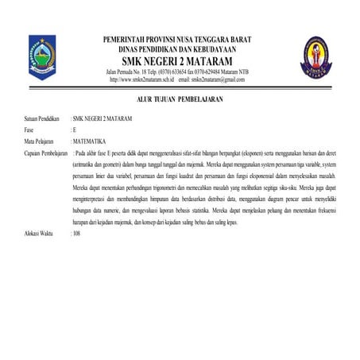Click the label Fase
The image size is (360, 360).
(x=29, y=128)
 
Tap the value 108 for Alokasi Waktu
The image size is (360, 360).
(x=77, y=235)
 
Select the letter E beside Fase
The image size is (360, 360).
(x=74, y=128)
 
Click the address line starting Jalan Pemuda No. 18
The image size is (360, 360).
(x=176, y=72)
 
